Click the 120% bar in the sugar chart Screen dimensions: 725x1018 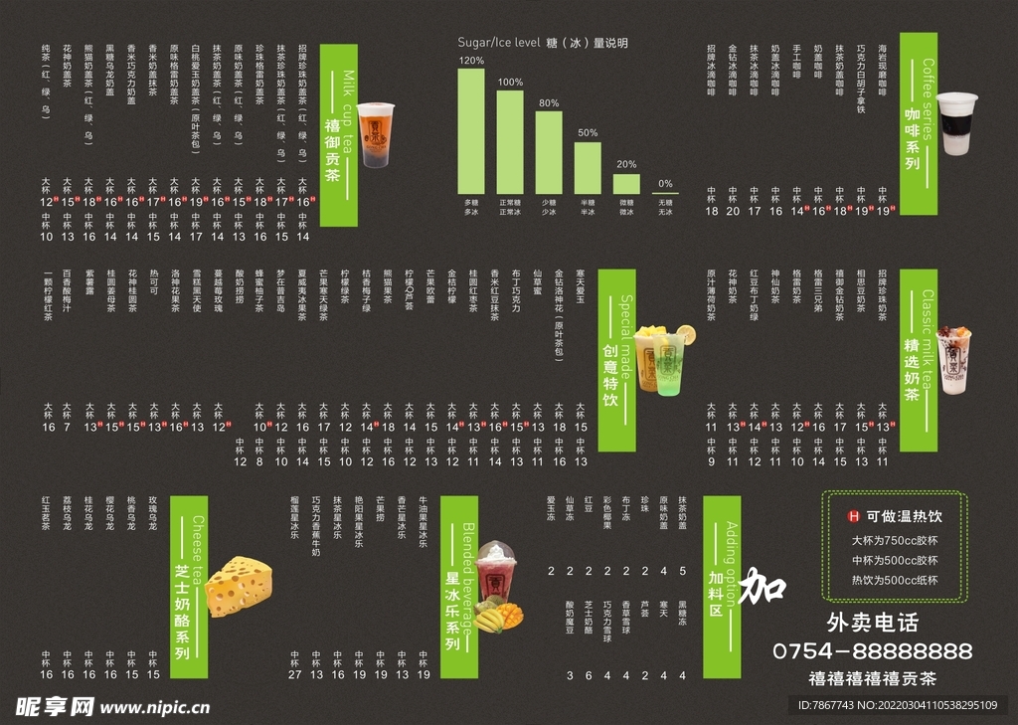(x=470, y=130)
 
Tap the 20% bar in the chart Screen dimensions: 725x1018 (x=626, y=183)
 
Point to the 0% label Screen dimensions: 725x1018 (x=665, y=183)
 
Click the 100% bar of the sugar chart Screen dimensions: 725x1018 (x=510, y=141)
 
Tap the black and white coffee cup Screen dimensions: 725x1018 (x=956, y=123)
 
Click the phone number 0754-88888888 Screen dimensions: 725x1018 (x=872, y=651)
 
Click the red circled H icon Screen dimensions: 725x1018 (x=852, y=516)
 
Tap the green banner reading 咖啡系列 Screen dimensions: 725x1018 (x=912, y=129)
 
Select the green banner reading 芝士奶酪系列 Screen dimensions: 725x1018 (x=189, y=587)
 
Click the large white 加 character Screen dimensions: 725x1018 (x=764, y=585)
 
